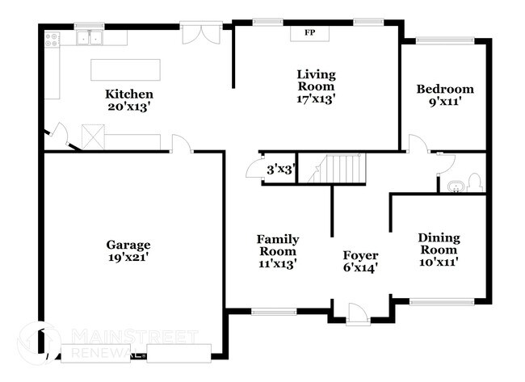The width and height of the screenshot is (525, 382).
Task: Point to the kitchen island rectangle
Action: click(125, 68)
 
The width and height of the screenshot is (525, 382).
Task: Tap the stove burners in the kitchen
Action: click(52, 37)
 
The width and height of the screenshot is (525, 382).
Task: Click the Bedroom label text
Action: click(444, 89)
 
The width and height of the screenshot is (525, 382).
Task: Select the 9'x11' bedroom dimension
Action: click(444, 102)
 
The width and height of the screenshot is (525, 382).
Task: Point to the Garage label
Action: click(128, 245)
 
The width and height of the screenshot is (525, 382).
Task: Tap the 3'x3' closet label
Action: click(280, 170)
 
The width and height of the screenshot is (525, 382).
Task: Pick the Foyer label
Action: click(360, 255)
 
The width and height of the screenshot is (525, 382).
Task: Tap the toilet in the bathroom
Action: click(475, 183)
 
